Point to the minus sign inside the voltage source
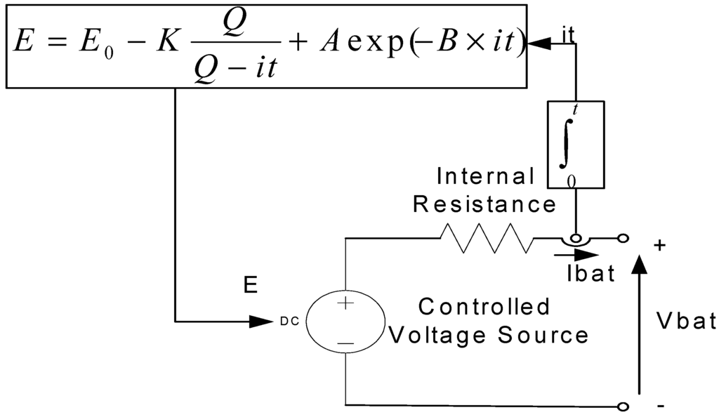click(345, 343)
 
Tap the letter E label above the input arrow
click(251, 285)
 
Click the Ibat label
click(591, 274)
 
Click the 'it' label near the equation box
click(569, 36)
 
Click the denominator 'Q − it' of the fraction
click(227, 72)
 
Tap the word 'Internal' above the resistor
click(485, 176)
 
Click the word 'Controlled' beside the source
click(484, 307)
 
